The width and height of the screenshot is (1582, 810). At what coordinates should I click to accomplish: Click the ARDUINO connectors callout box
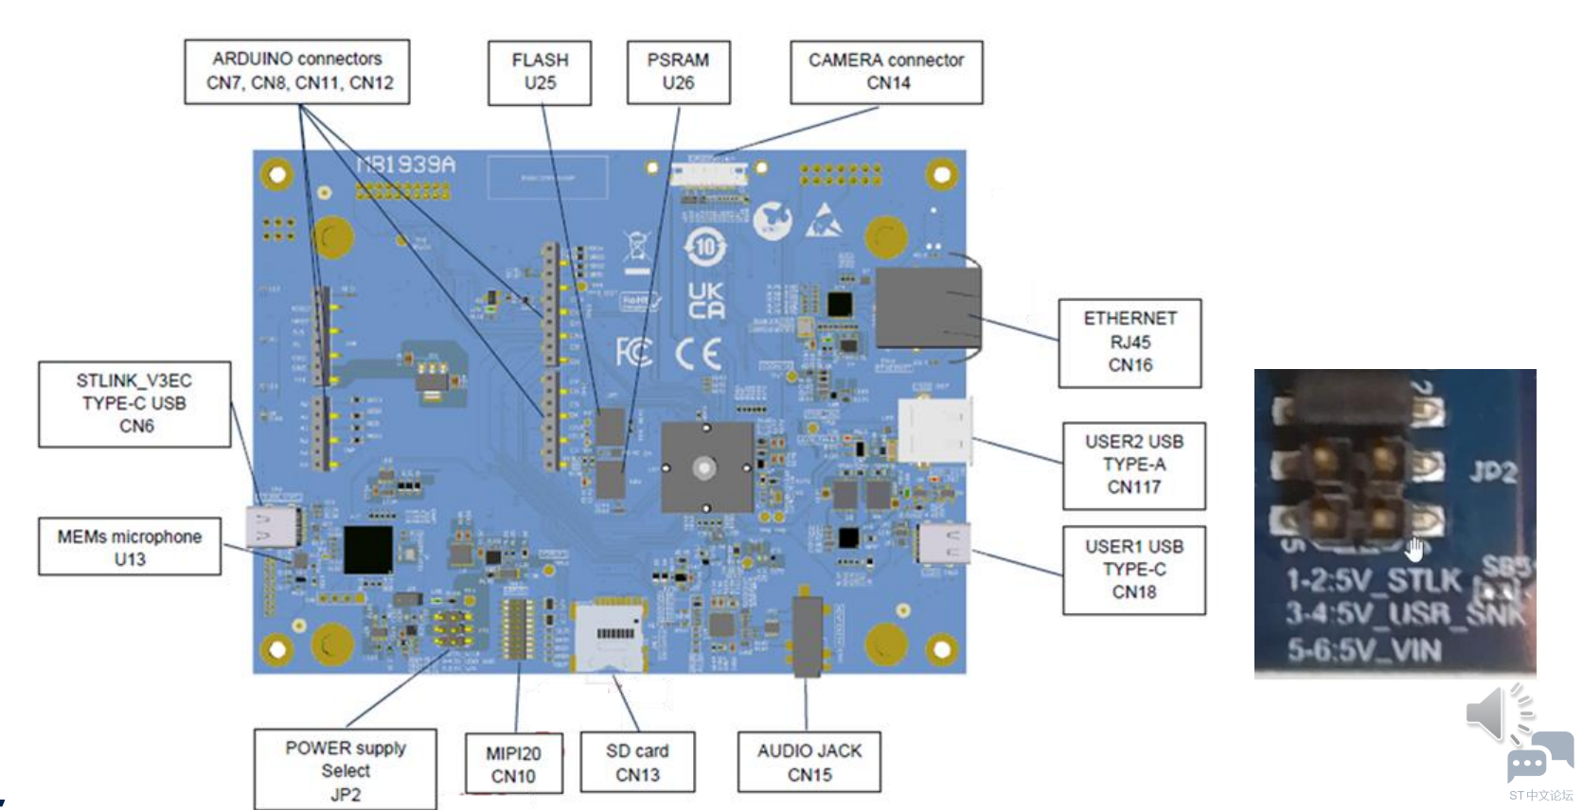coord(296,71)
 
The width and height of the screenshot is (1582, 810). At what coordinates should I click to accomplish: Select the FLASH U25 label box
coord(540,72)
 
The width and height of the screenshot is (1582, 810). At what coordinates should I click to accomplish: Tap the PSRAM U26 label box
coord(678,72)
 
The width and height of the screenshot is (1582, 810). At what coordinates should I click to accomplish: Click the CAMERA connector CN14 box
coord(886,72)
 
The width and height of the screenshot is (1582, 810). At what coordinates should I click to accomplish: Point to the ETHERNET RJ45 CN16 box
coord(1129,343)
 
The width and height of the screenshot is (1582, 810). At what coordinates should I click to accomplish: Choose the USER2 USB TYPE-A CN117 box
coord(1133,466)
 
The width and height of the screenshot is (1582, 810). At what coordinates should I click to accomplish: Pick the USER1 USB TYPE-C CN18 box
coord(1133,570)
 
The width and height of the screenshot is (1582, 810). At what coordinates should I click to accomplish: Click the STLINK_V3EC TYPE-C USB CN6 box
coord(134,404)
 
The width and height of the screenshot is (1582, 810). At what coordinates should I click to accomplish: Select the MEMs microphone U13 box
coord(130,547)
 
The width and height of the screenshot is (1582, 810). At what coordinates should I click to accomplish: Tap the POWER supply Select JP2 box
coord(345,769)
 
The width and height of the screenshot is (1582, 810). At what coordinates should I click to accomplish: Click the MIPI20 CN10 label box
coord(513,764)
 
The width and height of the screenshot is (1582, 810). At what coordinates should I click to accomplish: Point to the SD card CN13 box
coord(637,762)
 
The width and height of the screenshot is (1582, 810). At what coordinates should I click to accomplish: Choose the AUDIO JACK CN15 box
coord(809,762)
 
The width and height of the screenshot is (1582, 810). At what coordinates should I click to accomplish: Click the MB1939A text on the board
coord(406,165)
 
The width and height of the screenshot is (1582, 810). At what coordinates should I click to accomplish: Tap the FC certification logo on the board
coord(634,352)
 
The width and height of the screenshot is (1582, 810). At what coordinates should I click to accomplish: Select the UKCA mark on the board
coord(706,300)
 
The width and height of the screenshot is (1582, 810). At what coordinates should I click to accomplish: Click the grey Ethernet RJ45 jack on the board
coord(926,308)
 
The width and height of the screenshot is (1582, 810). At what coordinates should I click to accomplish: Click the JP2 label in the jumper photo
coord(1493,471)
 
